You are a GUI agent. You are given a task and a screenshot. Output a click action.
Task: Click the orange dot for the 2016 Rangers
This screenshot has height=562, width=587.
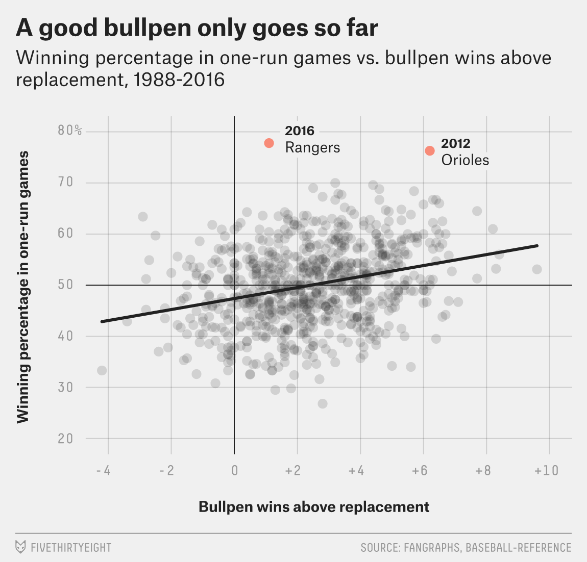269,143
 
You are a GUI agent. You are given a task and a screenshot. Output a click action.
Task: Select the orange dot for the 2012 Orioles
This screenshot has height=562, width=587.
430,151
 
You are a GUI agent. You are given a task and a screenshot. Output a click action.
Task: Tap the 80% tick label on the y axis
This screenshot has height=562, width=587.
69,131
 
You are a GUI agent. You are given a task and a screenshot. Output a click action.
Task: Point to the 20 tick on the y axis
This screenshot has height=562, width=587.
65,439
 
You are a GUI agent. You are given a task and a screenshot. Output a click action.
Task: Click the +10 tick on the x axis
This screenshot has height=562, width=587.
547,470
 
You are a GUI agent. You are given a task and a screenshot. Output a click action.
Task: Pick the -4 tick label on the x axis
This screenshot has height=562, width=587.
104,470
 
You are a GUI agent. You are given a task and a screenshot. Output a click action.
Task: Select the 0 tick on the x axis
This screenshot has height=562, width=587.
234,470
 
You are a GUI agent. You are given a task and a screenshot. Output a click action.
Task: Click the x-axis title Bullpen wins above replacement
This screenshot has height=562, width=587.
314,507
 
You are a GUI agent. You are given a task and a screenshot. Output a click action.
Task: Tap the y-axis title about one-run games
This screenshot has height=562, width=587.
22,287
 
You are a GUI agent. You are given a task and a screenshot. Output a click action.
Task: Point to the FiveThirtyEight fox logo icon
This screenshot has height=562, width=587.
21,547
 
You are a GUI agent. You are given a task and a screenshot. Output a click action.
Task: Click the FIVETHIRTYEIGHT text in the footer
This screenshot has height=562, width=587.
71,548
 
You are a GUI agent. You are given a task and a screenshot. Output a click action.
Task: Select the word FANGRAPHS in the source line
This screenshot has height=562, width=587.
431,548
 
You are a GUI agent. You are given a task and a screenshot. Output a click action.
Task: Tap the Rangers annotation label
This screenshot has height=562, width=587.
312,147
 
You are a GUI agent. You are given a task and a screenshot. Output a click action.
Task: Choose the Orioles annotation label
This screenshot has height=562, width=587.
465,160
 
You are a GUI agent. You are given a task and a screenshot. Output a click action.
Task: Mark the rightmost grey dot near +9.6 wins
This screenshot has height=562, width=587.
536,269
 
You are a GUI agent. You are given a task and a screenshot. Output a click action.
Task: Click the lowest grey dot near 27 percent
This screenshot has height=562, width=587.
322,404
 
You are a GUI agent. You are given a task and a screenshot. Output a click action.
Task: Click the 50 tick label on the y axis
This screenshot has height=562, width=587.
65,285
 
